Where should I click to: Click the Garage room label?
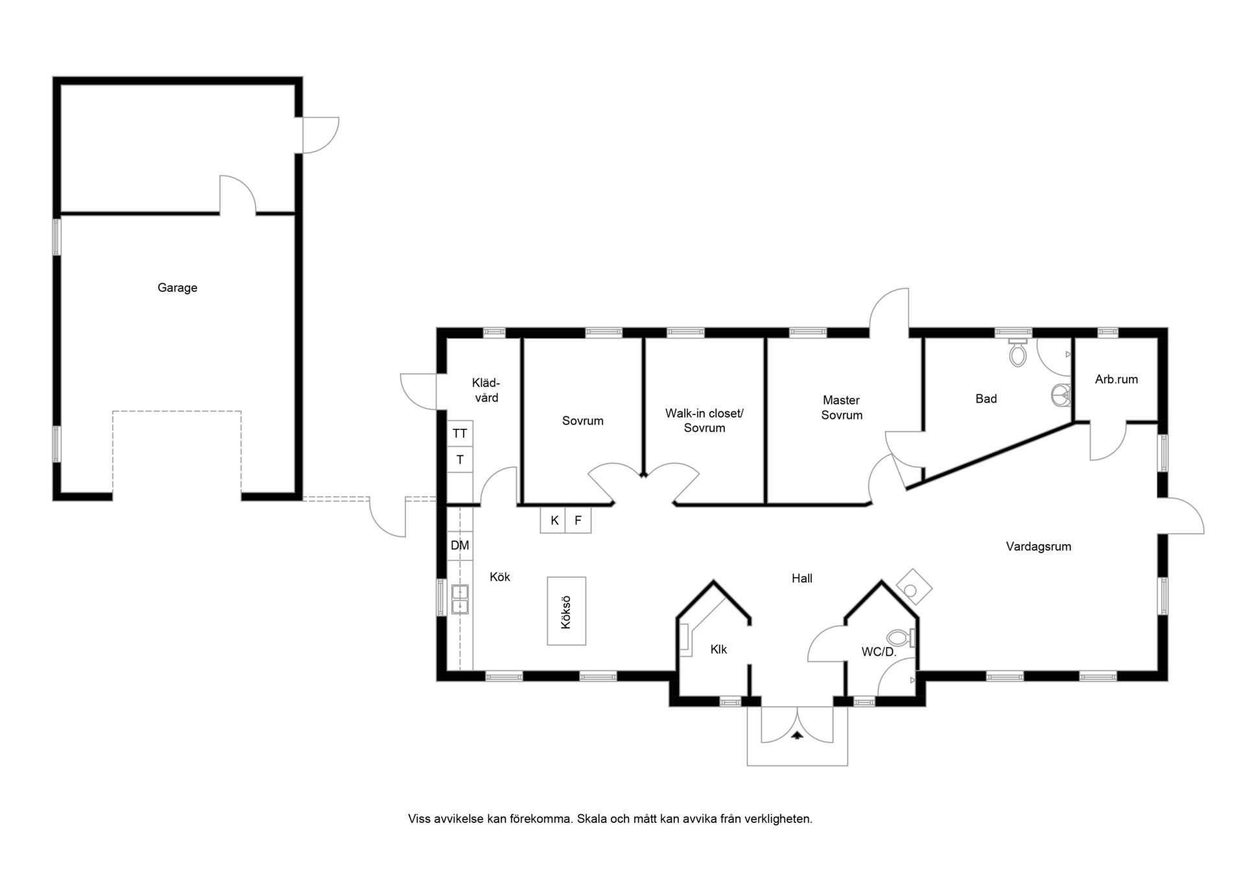coord(177,288)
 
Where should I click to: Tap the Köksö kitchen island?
coord(567,611)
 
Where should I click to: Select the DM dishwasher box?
coord(460,545)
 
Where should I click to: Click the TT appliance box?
coord(460,433)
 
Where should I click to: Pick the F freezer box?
coord(578,520)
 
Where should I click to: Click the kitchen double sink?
coord(460,599)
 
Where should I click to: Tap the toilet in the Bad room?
coord(1018,352)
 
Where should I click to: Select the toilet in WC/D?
coord(901,638)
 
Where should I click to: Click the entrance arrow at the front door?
coord(797,735)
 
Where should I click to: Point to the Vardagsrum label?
coord(1038,547)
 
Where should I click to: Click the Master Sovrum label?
coord(842,408)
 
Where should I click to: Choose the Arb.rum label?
coord(1116,379)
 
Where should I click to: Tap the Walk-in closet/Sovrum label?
coord(704,420)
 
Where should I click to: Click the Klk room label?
coord(718,649)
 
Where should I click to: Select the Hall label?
coord(801,578)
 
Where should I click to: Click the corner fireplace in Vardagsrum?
coord(914,587)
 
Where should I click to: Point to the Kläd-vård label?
coord(486,390)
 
